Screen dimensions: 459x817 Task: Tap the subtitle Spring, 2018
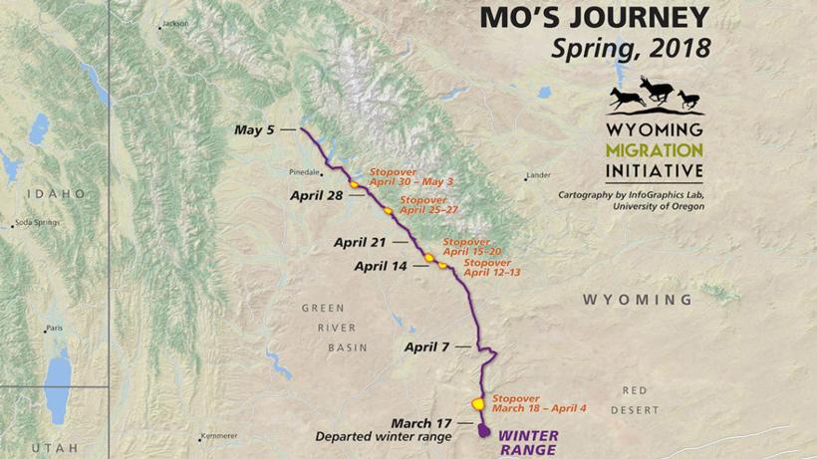coord(637,47)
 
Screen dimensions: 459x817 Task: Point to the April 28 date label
coord(317,195)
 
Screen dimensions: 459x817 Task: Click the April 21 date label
coord(360,241)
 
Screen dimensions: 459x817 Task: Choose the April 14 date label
coord(380,266)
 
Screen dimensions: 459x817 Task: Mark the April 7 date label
coord(426,346)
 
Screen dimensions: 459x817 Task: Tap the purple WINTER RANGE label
coord(528,442)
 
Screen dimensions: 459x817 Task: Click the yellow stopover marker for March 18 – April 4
coord(477,403)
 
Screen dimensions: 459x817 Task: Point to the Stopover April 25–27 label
coord(428,205)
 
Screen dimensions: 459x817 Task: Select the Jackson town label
coord(174,23)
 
